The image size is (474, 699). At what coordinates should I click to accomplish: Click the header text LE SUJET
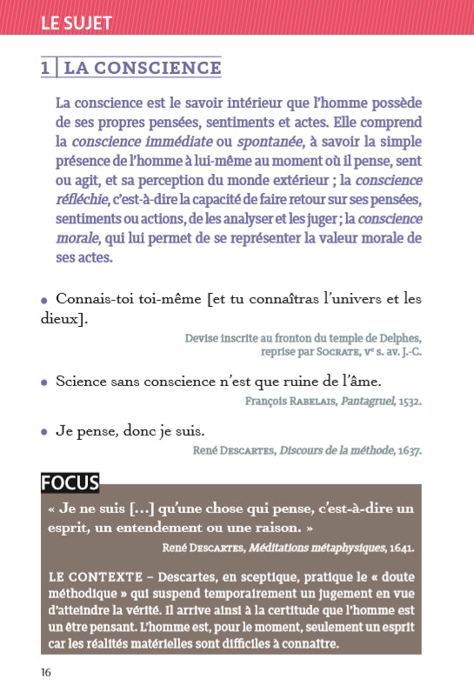[x=77, y=23]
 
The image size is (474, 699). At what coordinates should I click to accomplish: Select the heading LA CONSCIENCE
[x=143, y=67]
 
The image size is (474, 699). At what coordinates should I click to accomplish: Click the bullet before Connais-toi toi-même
[x=44, y=299]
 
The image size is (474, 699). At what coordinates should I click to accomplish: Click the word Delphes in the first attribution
[x=397, y=338]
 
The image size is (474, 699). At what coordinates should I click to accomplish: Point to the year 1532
[x=409, y=402]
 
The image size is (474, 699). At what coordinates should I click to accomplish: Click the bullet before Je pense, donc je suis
[x=44, y=431]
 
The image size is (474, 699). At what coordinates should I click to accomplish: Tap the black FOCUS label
[x=70, y=483]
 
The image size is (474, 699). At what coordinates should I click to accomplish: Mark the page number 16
[x=47, y=672]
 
